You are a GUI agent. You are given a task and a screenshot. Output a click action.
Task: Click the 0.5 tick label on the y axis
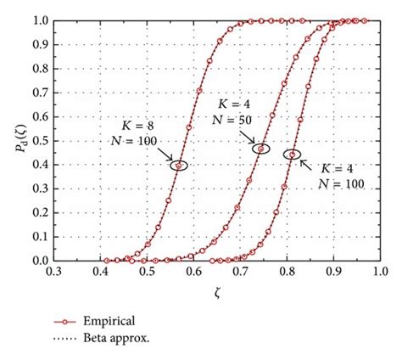pyautogui.click(x=39, y=140)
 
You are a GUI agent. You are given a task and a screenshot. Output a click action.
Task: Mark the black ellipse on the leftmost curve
pyautogui.click(x=178, y=165)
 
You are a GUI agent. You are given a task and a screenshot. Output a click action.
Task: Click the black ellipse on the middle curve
pyautogui.click(x=261, y=149)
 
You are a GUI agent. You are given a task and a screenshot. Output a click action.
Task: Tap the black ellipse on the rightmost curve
pyautogui.click(x=292, y=155)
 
